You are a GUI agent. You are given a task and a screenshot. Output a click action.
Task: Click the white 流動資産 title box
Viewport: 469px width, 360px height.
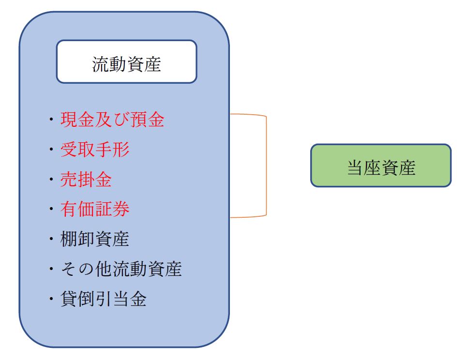(126, 61)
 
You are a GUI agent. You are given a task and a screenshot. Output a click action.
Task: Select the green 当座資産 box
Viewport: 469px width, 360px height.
(380, 165)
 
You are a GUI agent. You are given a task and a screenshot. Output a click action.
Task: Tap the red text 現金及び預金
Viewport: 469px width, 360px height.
(112, 120)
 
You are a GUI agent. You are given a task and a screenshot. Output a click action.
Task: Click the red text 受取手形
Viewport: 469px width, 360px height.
(95, 150)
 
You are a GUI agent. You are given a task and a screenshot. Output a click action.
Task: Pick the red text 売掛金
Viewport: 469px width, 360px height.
(86, 180)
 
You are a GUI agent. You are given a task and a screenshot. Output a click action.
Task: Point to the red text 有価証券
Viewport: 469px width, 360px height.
(95, 210)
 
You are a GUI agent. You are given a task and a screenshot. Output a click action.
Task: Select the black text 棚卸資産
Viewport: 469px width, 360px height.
(95, 240)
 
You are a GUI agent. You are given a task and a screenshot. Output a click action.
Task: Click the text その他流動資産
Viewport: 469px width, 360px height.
(121, 270)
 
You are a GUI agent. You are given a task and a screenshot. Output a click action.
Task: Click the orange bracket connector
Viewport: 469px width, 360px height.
(266, 166)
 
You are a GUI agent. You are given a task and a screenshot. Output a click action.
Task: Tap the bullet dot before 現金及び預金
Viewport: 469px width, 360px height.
(51, 120)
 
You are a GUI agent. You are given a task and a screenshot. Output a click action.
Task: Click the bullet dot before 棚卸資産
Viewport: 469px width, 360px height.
(51, 240)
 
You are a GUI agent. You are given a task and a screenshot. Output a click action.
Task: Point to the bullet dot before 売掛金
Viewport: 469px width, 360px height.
(51, 180)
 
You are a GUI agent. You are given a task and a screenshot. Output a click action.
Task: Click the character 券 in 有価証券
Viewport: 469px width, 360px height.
(121, 210)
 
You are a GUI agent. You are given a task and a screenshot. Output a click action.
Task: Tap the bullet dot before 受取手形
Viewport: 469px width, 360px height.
(51, 150)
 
